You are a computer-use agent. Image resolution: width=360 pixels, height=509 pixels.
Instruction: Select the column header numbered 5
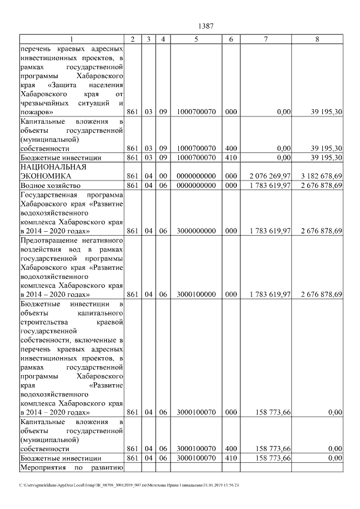[x=196, y=39]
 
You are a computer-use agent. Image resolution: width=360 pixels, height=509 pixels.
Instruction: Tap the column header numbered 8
[x=317, y=39]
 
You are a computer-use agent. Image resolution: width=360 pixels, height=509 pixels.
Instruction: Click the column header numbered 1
[x=71, y=39]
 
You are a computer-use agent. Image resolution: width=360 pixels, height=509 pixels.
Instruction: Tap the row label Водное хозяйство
[x=49, y=185]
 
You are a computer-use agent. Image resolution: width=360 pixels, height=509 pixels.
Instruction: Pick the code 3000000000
[x=196, y=231]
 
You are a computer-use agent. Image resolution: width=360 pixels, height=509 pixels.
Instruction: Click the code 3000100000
[x=196, y=294]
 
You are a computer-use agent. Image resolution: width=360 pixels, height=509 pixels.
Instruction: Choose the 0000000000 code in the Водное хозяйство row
[x=196, y=185]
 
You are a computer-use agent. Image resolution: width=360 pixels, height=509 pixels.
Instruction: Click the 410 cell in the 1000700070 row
[x=231, y=157]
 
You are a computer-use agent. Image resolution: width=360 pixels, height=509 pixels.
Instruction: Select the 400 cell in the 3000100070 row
[x=231, y=449]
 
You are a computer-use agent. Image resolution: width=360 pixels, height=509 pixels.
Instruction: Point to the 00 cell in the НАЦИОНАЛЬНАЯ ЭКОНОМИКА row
[x=163, y=176]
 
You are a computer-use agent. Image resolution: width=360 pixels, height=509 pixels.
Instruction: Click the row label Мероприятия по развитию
[x=71, y=467]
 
